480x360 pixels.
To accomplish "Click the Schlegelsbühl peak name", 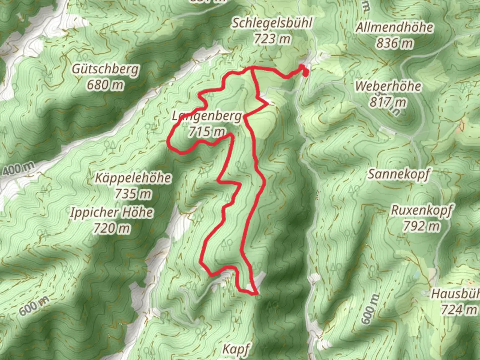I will coord(272,23).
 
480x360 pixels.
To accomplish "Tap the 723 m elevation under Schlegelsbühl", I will coord(272,39).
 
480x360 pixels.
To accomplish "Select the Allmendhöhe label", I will coord(394,27).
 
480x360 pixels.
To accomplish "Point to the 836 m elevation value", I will coord(394,43).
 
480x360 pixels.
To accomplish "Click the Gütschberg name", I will coord(105,69).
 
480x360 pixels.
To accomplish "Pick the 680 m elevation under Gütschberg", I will coord(105,85).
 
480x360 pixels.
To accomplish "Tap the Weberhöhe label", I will coord(388,86).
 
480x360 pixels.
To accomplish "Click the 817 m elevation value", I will coord(388,102).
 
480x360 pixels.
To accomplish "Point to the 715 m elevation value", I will coord(207,132).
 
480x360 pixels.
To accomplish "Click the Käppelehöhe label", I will coord(133,178).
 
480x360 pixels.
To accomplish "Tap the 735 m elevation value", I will coord(133,194).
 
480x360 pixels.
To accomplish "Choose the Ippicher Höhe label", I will coord(112,212).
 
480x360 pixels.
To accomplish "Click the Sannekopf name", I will coord(399,174).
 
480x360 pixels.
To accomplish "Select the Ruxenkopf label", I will coord(422,211).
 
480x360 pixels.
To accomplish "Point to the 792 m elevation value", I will coord(422,227).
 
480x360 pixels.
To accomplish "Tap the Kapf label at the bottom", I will coord(236,349).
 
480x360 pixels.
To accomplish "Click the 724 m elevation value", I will coord(459,310).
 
